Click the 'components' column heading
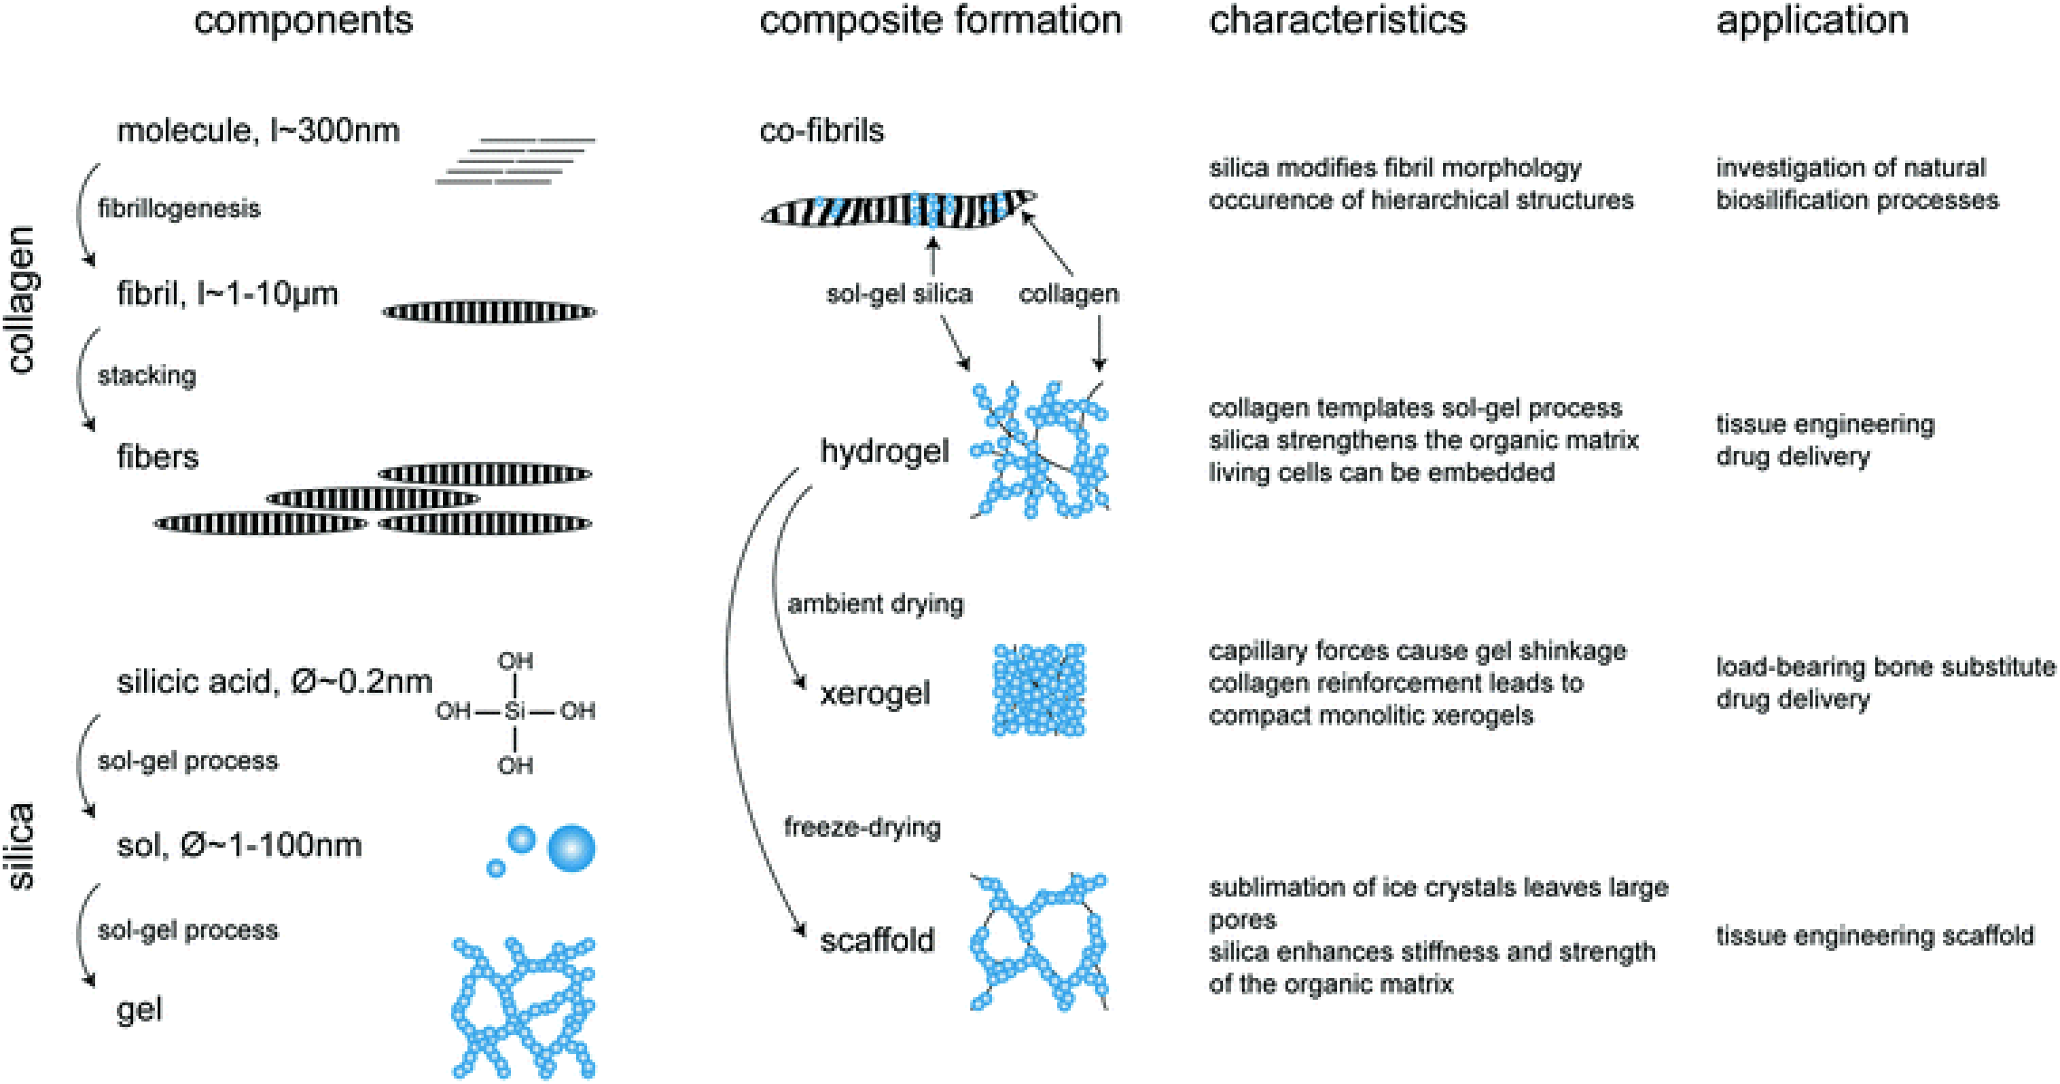[303, 21]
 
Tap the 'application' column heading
[1811, 21]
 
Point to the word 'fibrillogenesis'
[178, 208]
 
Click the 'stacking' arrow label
[147, 375]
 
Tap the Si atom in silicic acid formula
[515, 711]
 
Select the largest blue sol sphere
[572, 849]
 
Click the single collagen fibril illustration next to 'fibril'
[489, 312]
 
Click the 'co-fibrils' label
[821, 130]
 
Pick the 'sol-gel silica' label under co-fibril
[899, 293]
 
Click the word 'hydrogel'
[883, 451]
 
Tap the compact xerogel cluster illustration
[1039, 690]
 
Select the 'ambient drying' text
[875, 604]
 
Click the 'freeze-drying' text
[862, 827]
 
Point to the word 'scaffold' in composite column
[876, 940]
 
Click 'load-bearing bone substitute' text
[1885, 667]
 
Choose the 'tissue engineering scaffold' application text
[1874, 935]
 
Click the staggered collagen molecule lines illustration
[515, 161]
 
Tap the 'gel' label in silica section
[140, 1009]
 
